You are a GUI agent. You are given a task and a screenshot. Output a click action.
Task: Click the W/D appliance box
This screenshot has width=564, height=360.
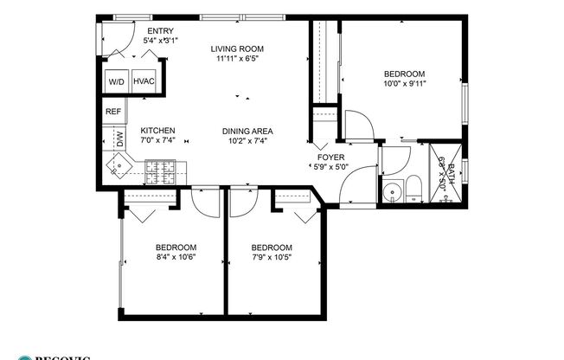[x=116, y=82]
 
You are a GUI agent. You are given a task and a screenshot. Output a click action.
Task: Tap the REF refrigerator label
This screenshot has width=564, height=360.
[x=112, y=112]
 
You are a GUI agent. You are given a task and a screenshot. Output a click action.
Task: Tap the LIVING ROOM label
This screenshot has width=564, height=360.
[x=237, y=48]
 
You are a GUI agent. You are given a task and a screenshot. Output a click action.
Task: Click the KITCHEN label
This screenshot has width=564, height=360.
[x=158, y=130]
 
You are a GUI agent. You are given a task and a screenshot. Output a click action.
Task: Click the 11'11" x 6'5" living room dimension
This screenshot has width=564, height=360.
[x=237, y=60]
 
